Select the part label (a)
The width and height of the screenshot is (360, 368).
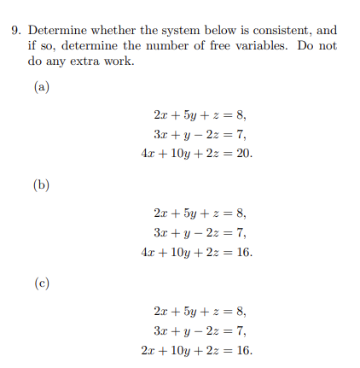(42, 86)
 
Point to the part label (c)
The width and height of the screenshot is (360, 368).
(42, 282)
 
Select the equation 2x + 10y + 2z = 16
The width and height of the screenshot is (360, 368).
(197, 350)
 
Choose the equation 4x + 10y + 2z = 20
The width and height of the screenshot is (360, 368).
(197, 155)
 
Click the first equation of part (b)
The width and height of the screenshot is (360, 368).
(200, 213)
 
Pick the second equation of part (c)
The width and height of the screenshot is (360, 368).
(200, 330)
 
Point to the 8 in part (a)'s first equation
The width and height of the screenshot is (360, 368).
(242, 115)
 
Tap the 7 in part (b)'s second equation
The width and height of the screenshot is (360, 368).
(242, 233)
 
